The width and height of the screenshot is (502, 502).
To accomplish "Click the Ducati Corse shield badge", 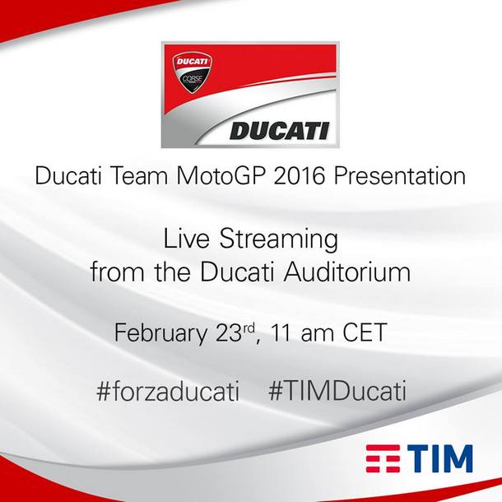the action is click(x=192, y=73).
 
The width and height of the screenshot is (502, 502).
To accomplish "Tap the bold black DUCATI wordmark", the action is click(x=280, y=132).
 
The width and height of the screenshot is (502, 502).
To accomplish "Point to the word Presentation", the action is click(x=400, y=176).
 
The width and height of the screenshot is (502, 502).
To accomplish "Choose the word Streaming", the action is click(x=278, y=239).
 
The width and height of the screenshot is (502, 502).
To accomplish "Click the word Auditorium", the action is click(x=347, y=272).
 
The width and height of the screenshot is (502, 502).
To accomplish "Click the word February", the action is click(x=160, y=333).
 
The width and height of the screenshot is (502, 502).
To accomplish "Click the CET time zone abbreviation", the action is click(x=365, y=332).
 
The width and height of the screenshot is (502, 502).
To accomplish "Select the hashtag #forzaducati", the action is click(x=168, y=391).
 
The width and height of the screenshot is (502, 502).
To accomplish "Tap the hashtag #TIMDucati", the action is click(x=337, y=391).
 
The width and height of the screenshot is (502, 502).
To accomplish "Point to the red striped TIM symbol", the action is click(x=383, y=458).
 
